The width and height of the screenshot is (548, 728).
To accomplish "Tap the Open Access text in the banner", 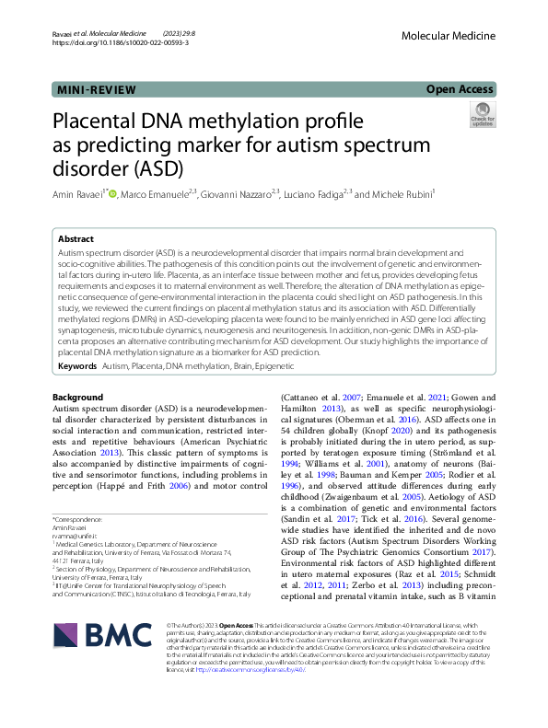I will pos(461,90).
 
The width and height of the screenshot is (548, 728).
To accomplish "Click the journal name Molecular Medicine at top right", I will pos(456,32).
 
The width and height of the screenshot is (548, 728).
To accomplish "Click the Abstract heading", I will pos(76,237).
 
